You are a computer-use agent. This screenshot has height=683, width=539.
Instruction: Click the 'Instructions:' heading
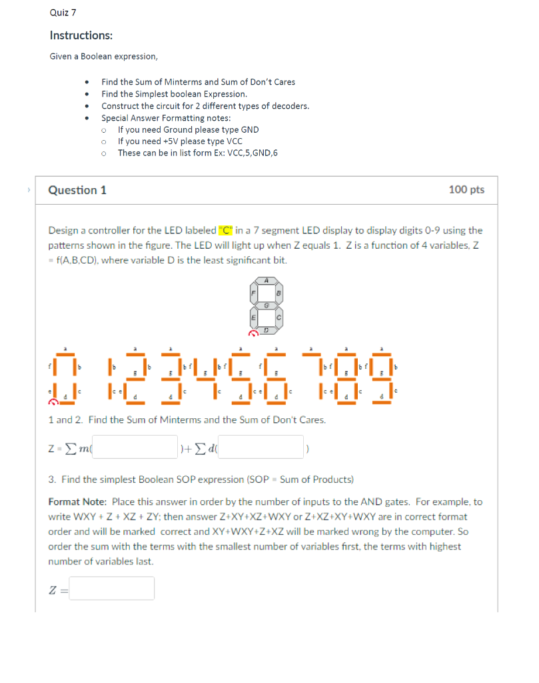[x=81, y=35]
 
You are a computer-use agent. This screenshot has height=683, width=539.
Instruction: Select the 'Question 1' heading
[x=77, y=190]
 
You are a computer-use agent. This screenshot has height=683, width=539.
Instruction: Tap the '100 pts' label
[x=466, y=190]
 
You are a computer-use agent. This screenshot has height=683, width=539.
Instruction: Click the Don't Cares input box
[x=261, y=447]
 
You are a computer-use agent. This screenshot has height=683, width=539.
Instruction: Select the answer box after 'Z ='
[x=112, y=588]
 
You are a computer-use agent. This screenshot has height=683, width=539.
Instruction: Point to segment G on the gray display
[x=267, y=305]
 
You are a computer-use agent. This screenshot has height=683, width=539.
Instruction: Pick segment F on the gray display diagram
[x=253, y=293]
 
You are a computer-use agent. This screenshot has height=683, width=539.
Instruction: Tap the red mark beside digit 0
[x=53, y=402]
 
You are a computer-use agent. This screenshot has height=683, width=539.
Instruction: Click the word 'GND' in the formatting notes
[x=248, y=129]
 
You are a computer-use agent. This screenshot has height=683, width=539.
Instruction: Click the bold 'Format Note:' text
[x=77, y=502]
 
